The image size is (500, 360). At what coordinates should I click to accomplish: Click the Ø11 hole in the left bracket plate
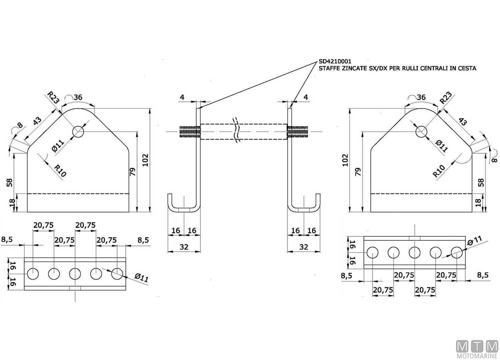(78, 132)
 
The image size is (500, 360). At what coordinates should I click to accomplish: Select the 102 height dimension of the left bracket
(145, 160)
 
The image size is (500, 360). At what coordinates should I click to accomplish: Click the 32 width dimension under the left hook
(184, 247)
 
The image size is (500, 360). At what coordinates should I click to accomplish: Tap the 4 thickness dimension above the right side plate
(306, 97)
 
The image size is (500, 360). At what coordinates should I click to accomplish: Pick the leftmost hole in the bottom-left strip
(33, 274)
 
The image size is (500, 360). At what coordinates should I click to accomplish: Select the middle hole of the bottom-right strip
(414, 253)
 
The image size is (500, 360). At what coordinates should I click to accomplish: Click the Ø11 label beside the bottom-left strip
(141, 278)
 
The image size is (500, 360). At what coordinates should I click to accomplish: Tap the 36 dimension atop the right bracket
(421, 97)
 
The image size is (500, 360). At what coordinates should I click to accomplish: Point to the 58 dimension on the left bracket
(10, 182)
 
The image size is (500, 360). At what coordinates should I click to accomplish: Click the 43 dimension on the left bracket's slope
(37, 121)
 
